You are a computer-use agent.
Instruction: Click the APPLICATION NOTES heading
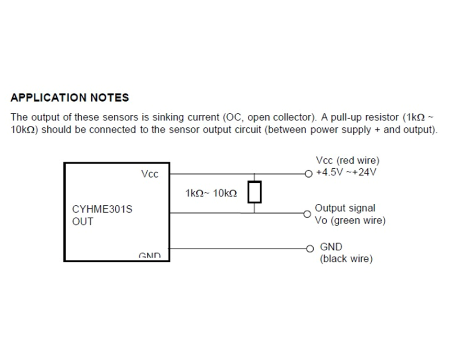[x=70, y=98]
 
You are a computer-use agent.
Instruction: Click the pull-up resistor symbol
[x=255, y=192]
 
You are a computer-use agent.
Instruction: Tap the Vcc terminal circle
[x=309, y=174]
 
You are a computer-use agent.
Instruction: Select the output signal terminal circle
[x=307, y=214]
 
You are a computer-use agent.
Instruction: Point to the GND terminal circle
[x=310, y=248]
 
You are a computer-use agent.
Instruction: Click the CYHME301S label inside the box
[x=102, y=209]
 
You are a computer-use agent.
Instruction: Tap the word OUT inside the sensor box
[x=83, y=222]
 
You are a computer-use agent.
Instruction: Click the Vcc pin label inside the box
[x=149, y=174]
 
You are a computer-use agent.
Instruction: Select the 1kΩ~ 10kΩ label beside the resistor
[x=211, y=193]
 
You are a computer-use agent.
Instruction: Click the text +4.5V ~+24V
[x=346, y=172]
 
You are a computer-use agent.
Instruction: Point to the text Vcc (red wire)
[x=347, y=161]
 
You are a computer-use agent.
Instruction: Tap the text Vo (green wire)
[x=350, y=220]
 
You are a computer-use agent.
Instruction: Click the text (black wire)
[x=346, y=259]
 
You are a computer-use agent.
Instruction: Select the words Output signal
[x=345, y=208]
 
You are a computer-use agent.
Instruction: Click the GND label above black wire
[x=331, y=247]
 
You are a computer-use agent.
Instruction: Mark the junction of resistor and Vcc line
[x=255, y=174]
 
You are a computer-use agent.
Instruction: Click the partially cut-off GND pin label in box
[x=149, y=255]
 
